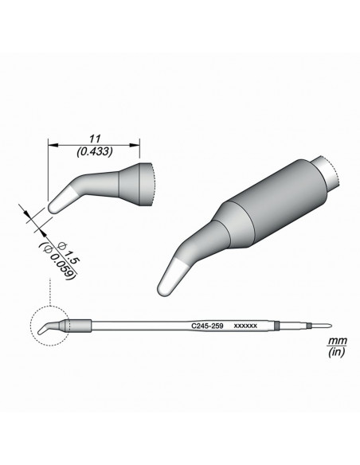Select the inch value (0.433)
click(95, 152)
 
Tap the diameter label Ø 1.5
click(69, 252)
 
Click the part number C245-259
click(207, 326)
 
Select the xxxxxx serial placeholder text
click(245, 326)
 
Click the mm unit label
click(337, 341)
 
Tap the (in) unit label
click(337, 352)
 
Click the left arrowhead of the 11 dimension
click(53, 145)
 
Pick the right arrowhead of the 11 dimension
click(135, 145)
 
